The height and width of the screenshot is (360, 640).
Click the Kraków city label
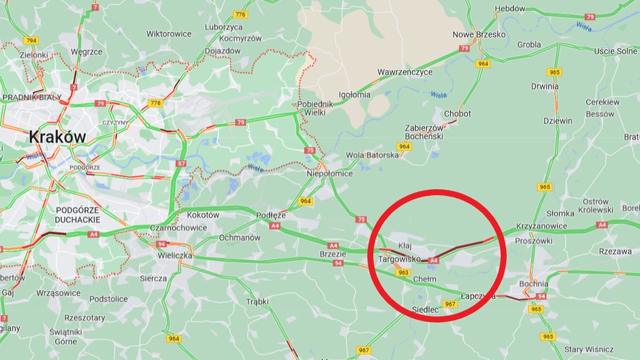point(57,137)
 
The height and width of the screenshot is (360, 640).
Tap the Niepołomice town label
point(330,174)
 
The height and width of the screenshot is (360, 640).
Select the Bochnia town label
point(533,284)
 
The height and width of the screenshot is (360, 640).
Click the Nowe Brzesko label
point(479,35)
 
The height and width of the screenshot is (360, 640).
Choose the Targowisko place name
point(399,259)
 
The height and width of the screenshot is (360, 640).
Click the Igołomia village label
point(355,95)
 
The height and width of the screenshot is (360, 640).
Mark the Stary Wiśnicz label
point(588,349)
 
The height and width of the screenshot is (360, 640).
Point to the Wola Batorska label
point(372,155)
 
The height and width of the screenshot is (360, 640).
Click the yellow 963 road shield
point(404,272)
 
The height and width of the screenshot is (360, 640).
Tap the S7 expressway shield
point(180,164)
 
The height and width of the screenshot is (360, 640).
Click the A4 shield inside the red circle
point(433,259)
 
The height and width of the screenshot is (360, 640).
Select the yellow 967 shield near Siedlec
point(449,304)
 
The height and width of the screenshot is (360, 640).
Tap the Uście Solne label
point(615,52)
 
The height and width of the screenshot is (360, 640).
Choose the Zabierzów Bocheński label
point(424,131)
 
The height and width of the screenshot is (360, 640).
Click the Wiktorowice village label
point(169,33)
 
